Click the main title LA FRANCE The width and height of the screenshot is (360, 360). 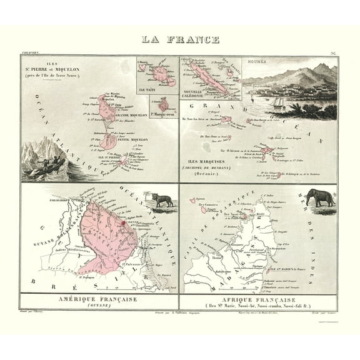coord(180,40)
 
